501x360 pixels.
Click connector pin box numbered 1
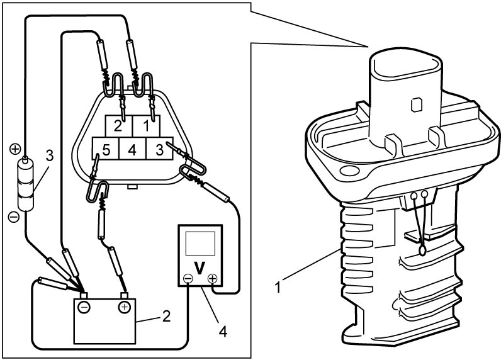coord(147,127)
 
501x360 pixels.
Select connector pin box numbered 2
coord(119,127)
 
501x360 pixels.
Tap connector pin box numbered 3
coord(159,149)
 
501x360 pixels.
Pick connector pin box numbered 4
coord(132,149)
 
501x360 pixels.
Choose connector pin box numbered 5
coord(106,149)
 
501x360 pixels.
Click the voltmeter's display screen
coord(200,244)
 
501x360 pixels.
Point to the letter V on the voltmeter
coord(200,268)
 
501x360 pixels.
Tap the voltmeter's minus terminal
coord(188,279)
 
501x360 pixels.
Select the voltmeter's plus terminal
coord(212,279)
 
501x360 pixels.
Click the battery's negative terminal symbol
coord(84,307)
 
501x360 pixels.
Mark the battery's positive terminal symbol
coord(124,307)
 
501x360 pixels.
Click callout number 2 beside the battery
coord(166,316)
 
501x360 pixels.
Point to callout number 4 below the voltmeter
coord(223,332)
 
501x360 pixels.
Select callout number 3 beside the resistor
coord(49,156)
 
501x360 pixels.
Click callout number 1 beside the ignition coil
coord(278,287)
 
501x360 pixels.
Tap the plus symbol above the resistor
coord(15,149)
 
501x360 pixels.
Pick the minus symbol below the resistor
coord(14,217)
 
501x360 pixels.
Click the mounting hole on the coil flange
coord(348,171)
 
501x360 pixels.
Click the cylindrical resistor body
coord(25,185)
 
